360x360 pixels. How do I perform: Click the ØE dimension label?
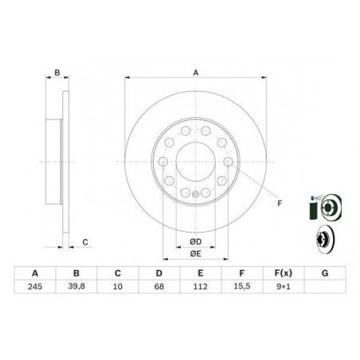point(195,253)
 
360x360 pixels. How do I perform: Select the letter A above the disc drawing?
point(195,73)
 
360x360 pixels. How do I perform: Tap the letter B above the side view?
point(57,73)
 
